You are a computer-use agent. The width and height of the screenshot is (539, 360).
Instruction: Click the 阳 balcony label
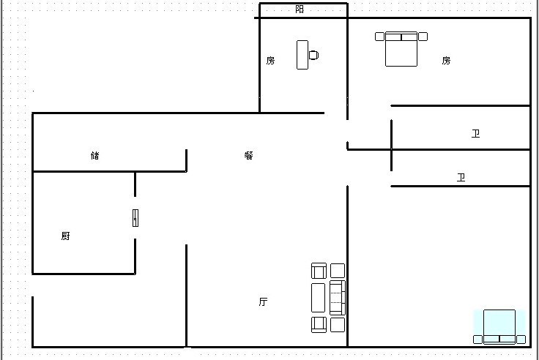[x=300, y=10]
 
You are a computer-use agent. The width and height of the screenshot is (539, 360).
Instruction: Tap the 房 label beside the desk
[x=270, y=61]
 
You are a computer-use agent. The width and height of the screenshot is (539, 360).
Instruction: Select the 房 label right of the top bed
[x=446, y=61]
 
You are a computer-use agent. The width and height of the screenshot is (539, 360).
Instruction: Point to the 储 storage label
[x=95, y=155]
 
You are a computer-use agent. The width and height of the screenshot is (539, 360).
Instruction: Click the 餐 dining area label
[x=249, y=155]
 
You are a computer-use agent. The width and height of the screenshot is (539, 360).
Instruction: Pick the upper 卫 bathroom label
[x=476, y=133]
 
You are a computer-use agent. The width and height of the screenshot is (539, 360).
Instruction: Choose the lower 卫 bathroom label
[x=461, y=177]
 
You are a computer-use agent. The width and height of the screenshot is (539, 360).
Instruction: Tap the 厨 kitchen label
[x=66, y=236]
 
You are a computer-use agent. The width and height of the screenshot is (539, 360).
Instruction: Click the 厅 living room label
[x=264, y=301]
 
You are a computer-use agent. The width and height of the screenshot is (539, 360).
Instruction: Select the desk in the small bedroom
[x=302, y=55]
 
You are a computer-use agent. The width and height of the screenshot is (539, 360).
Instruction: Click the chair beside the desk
[x=313, y=55]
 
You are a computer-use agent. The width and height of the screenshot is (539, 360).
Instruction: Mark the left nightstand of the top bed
[x=379, y=37]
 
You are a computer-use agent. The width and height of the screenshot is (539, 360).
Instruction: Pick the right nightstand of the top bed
[x=423, y=37]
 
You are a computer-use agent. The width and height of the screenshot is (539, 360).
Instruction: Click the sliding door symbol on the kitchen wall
[x=135, y=218]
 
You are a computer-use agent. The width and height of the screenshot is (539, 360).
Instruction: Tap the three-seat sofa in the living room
[x=338, y=298]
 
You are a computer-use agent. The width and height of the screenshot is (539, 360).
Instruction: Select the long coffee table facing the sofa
[x=319, y=298]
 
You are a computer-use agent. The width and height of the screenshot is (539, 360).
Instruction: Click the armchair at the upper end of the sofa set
[x=319, y=271]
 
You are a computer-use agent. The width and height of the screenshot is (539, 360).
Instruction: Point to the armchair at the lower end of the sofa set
[x=319, y=325]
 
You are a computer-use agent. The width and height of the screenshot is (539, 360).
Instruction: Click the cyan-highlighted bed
[x=499, y=326]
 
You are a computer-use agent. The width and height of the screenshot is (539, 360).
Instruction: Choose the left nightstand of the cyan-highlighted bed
[x=477, y=340]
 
